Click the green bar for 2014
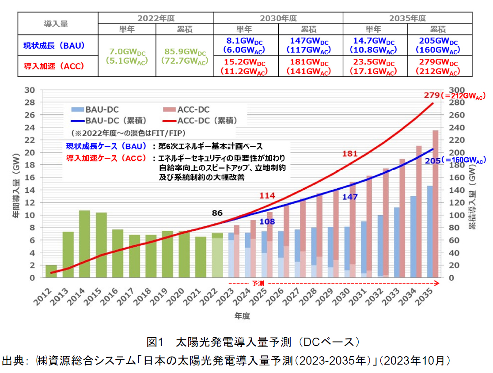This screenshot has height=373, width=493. pyautogui.click(x=85, y=244)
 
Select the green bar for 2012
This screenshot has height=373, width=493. pyautogui.click(x=52, y=271)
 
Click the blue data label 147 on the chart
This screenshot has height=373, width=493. pyautogui.click(x=350, y=197)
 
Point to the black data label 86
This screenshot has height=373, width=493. pyautogui.click(x=217, y=213)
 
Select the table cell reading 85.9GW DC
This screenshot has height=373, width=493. pyautogui.click(x=185, y=56)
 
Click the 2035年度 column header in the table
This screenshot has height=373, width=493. pyautogui.click(x=407, y=18)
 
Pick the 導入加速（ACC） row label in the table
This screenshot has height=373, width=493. pyautogui.click(x=54, y=67)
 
